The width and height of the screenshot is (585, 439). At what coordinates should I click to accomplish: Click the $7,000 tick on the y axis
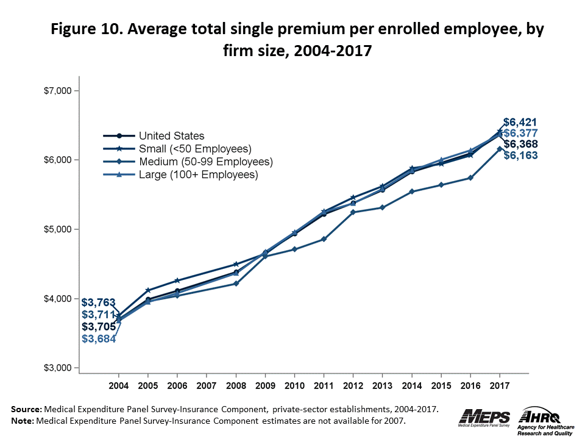click(x=60, y=91)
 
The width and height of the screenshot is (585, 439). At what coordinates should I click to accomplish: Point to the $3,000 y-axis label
click(x=60, y=368)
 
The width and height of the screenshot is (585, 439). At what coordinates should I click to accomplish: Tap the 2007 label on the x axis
click(x=207, y=386)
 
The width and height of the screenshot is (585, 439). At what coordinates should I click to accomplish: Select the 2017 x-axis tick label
click(x=500, y=386)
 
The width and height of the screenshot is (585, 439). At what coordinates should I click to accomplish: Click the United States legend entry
click(x=171, y=136)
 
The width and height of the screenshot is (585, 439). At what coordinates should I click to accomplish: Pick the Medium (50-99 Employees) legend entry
click(x=205, y=162)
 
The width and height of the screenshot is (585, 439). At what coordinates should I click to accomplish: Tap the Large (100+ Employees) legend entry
click(x=199, y=174)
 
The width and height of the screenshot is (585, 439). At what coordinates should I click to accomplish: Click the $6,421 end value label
click(x=520, y=122)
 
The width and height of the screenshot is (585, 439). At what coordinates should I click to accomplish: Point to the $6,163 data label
click(x=520, y=155)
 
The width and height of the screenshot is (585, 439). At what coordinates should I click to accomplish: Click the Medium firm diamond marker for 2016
click(x=470, y=177)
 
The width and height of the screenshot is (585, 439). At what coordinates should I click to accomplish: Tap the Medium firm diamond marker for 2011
click(x=324, y=239)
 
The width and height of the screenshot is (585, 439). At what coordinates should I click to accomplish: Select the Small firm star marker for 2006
click(x=177, y=280)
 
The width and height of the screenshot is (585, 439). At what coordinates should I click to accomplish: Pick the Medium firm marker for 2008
click(x=236, y=284)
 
